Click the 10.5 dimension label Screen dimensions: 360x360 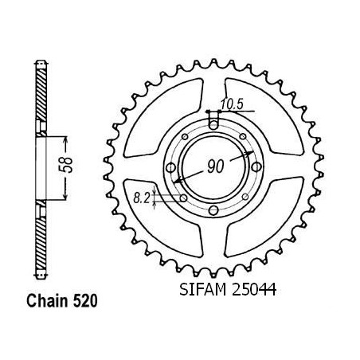point(232,104)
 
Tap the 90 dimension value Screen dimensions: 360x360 point(215,166)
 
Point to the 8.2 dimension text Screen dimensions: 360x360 point(142,198)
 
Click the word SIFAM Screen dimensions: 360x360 point(203,289)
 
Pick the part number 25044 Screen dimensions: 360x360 point(254,289)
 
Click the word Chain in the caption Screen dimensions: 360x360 point(47,301)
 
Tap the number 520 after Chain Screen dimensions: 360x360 point(85,301)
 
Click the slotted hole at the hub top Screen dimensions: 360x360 point(213,121)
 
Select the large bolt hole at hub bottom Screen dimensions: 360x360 point(213,210)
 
